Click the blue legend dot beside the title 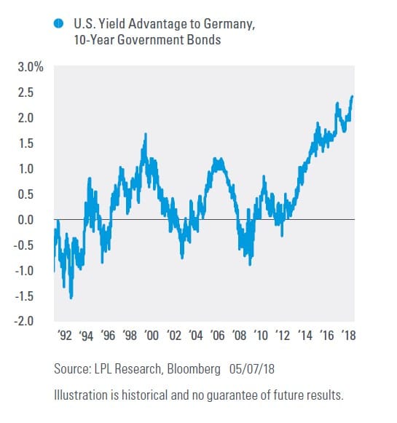(58, 23)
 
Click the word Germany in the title (229, 24)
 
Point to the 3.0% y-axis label (31, 67)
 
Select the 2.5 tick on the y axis (25, 92)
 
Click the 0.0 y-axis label (25, 220)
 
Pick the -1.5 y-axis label (24, 296)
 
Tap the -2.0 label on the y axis (24, 321)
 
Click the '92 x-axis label (65, 336)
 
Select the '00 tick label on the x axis (152, 336)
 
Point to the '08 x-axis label (239, 336)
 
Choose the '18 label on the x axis (348, 336)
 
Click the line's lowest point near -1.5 (71, 298)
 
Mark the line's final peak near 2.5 (352, 97)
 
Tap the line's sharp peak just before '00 (146, 134)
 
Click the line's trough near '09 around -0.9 (250, 264)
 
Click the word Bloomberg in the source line (194, 369)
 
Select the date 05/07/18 (252, 369)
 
